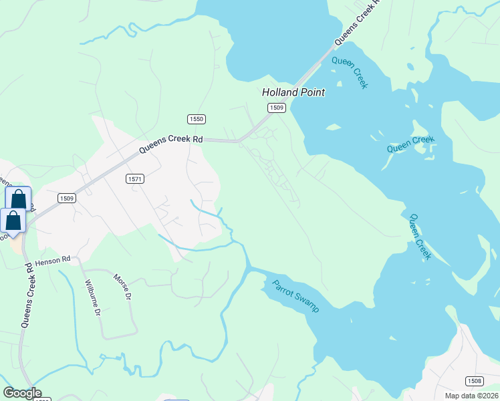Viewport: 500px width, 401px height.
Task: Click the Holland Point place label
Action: pyautogui.click(x=293, y=93)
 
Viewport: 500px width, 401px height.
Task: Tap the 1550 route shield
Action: pyautogui.click(x=196, y=119)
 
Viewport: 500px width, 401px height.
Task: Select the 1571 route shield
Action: pyautogui.click(x=134, y=179)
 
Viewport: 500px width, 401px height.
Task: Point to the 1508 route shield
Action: pyautogui.click(x=473, y=381)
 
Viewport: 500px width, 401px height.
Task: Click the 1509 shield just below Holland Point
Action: pyautogui.click(x=277, y=108)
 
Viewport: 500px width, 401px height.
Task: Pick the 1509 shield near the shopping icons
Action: pyautogui.click(x=66, y=198)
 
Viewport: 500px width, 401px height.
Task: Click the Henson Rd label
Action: pyautogui.click(x=53, y=260)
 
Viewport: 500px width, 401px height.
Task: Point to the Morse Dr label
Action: pyautogui.click(x=120, y=288)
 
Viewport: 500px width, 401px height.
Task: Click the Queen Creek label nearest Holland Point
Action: pyautogui.click(x=350, y=72)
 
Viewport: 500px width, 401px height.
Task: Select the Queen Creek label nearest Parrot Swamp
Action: pyautogui.click(x=420, y=237)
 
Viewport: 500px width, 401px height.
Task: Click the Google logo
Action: pyautogui.click(x=22, y=393)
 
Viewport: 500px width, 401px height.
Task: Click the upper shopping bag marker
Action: pyautogui.click(x=18, y=198)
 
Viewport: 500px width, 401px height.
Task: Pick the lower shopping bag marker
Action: pyautogui.click(x=13, y=220)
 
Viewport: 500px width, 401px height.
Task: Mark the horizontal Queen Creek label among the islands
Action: pyautogui.click(x=410, y=143)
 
